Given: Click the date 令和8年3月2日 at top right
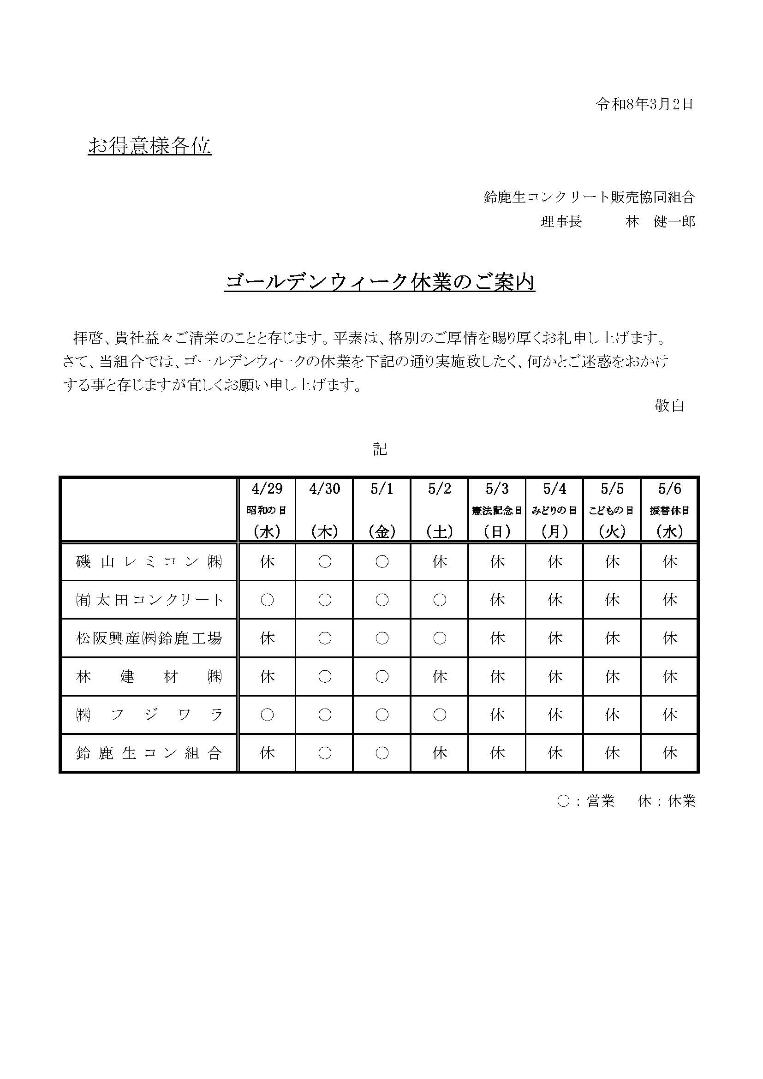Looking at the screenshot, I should (x=644, y=104).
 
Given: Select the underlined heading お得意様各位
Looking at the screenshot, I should (x=149, y=146).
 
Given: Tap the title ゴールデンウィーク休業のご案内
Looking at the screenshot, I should (x=380, y=282).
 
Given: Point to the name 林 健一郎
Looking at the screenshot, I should (x=660, y=222).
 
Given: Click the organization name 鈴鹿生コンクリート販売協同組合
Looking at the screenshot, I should (x=589, y=197).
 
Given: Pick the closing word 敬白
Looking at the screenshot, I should (x=669, y=405).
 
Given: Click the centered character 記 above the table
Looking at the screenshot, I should (x=380, y=450).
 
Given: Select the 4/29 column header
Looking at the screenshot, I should (x=267, y=489).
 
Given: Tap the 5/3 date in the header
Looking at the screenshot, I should (x=497, y=489).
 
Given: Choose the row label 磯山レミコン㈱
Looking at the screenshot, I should (x=149, y=561).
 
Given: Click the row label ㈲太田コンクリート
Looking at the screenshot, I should (x=149, y=600).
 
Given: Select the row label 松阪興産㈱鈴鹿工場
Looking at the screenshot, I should (x=149, y=638).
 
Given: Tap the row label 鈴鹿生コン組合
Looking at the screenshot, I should (x=149, y=753).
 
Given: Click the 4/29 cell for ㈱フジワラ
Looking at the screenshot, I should (x=267, y=715).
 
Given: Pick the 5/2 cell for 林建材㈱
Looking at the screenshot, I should (x=440, y=677).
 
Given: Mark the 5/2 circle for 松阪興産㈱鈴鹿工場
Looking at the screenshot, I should (x=440, y=638).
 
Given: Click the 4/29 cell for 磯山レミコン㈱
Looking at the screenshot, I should (x=267, y=561).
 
